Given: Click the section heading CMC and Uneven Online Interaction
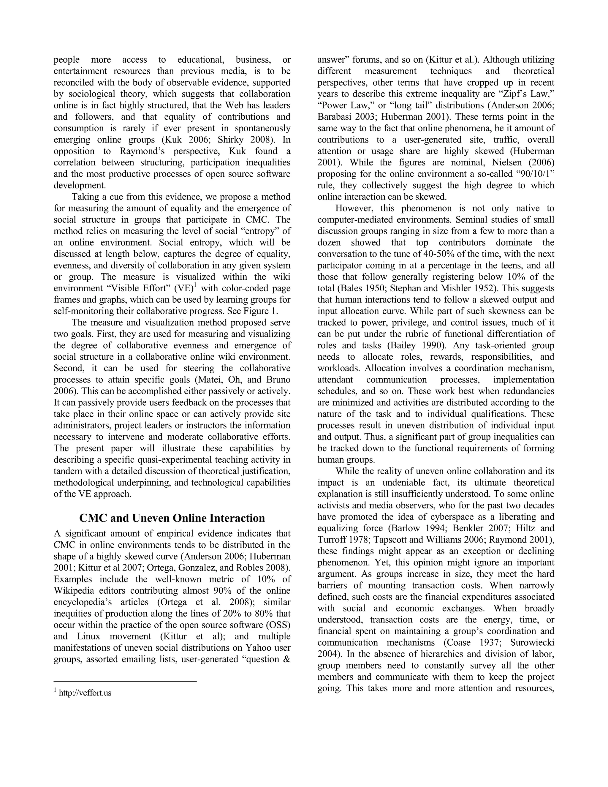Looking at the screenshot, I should click(x=172, y=518).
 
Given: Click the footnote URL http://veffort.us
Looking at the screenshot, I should click(x=85, y=693).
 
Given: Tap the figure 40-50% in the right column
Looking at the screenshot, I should click(x=438, y=254).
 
